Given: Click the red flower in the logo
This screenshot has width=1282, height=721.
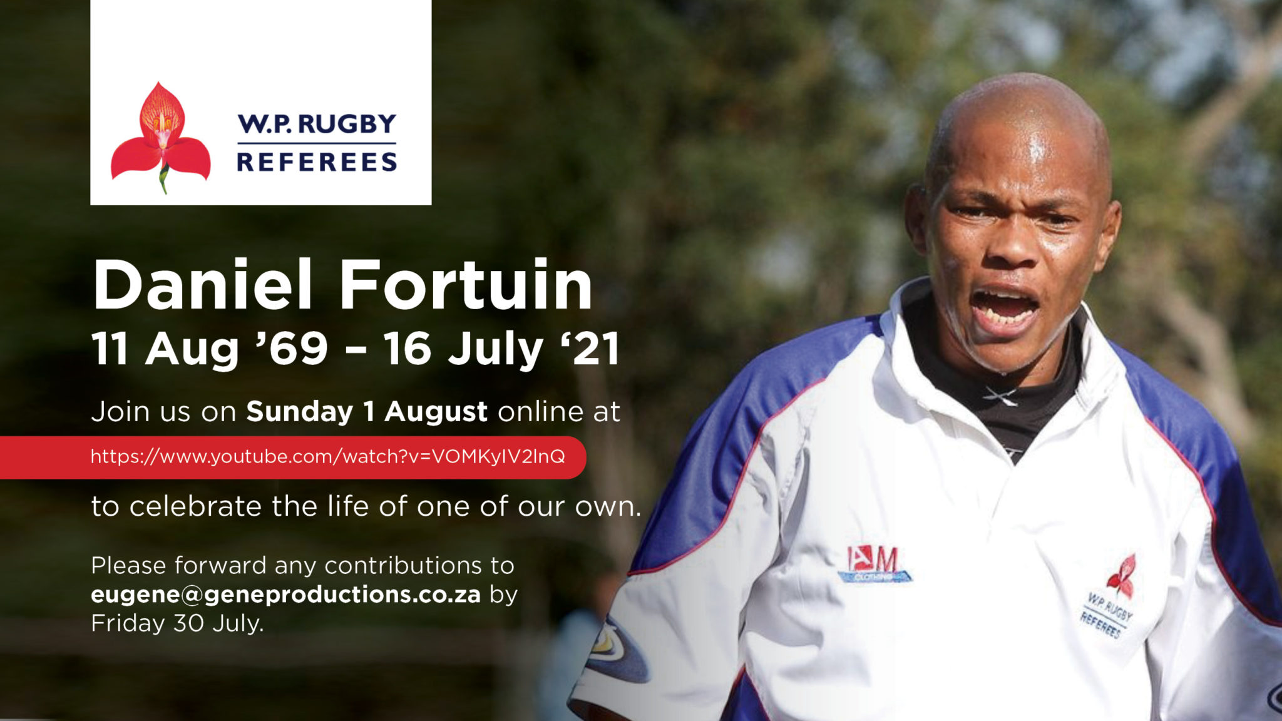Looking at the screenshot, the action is pyautogui.click(x=161, y=137).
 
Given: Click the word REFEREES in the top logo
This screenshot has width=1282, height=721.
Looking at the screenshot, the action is pyautogui.click(x=317, y=162).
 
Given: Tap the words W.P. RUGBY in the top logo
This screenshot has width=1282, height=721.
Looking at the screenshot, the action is pyautogui.click(x=317, y=124).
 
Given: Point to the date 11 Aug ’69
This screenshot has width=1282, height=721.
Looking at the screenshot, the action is pyautogui.click(x=210, y=349).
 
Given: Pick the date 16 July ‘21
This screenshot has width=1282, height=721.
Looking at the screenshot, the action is pyautogui.click(x=502, y=349).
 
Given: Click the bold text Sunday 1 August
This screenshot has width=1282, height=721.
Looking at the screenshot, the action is pyautogui.click(x=367, y=412).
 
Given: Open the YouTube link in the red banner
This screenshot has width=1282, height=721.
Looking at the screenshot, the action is pyautogui.click(x=327, y=456).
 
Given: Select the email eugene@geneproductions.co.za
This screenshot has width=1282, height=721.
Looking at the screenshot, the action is pyautogui.click(x=285, y=595).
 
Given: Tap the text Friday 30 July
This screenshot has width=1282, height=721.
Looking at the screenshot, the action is pyautogui.click(x=177, y=623).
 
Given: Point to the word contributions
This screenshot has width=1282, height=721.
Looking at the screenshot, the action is pyautogui.click(x=403, y=565).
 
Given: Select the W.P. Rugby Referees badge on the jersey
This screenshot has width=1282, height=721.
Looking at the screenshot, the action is pyautogui.click(x=1110, y=598).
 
